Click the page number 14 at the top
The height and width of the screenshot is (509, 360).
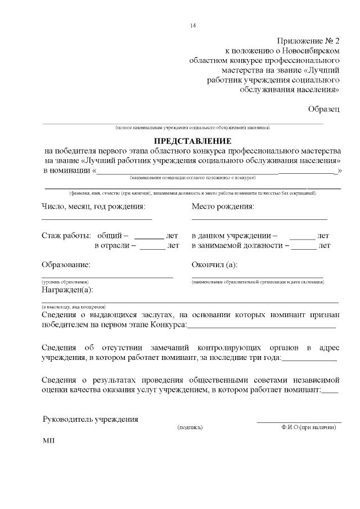[193, 26]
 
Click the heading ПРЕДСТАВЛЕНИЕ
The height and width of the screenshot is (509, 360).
[193, 141]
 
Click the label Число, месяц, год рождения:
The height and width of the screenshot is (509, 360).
[93, 206]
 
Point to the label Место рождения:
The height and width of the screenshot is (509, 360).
[223, 206]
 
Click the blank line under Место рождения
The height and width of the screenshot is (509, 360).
[259, 218]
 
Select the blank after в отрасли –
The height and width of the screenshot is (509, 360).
[152, 249]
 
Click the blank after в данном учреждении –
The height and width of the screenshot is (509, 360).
[302, 238]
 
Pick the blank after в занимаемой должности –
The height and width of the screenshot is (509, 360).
[304, 249]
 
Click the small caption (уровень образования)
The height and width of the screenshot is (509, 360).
[65, 281]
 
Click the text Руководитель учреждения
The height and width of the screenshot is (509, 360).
[91, 419]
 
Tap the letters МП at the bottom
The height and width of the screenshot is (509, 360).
[48, 441]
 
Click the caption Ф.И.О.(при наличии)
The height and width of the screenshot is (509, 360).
[309, 427]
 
